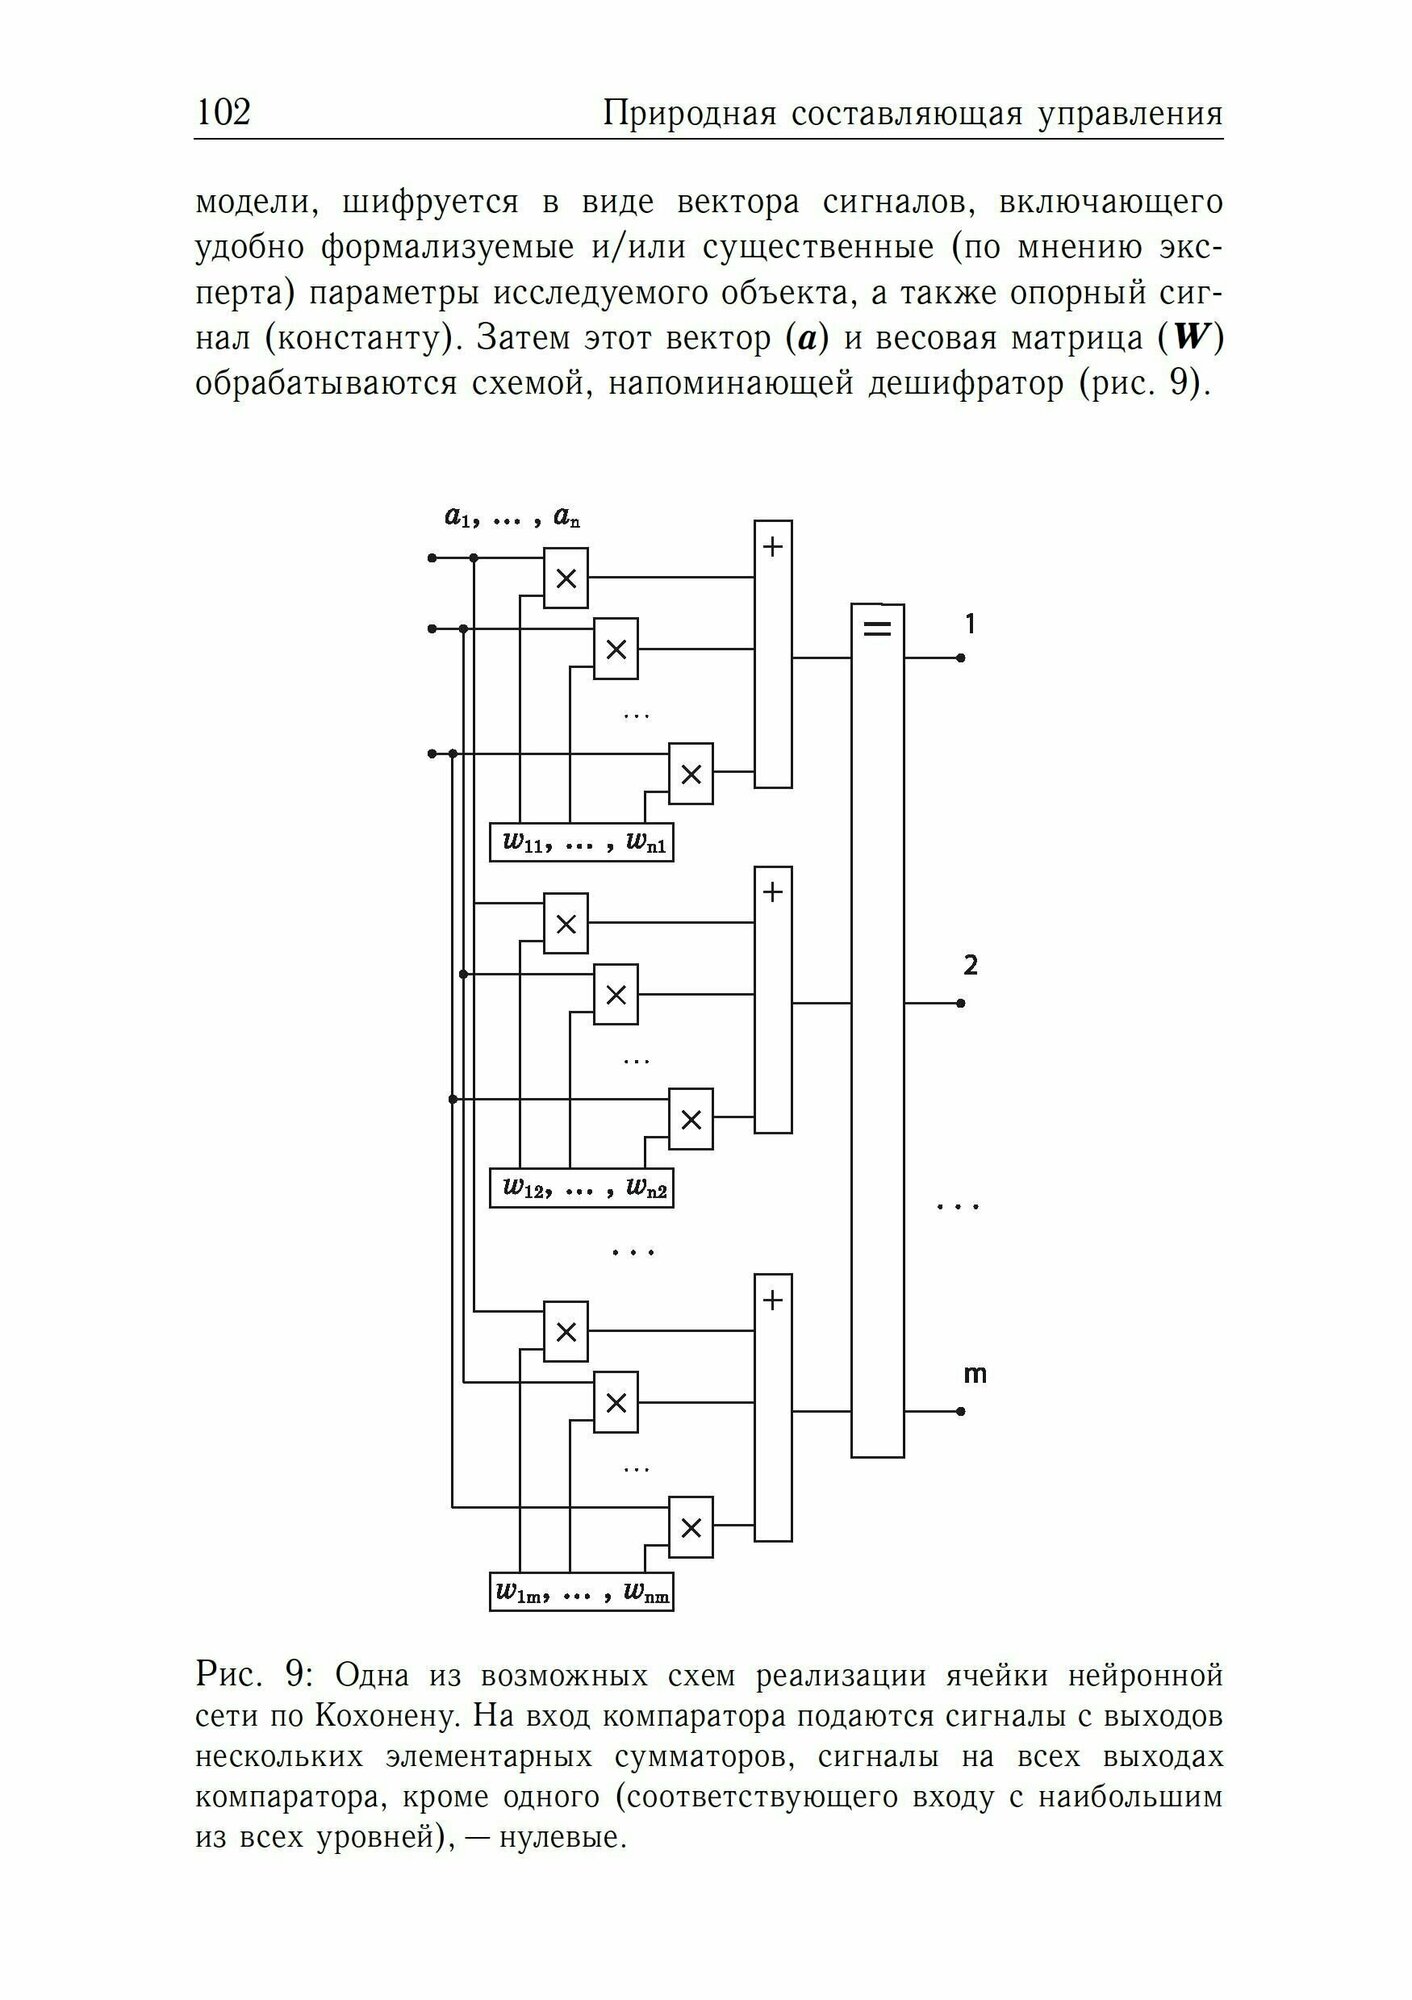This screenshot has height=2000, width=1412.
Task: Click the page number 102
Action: [223, 112]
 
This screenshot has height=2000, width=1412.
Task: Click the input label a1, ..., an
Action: [513, 517]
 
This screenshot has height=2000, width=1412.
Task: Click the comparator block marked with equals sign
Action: [877, 1030]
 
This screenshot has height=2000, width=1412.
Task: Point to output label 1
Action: [969, 624]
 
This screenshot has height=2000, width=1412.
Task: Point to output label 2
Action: [970, 966]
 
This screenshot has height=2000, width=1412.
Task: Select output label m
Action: [974, 1374]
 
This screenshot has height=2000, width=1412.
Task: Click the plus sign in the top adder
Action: [772, 547]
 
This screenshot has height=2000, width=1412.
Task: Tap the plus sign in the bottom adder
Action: [772, 1300]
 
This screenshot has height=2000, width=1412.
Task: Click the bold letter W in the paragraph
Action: [1190, 338]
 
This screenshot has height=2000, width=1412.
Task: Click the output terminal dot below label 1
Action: [960, 658]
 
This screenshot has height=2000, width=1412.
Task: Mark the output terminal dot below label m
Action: [960, 1411]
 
